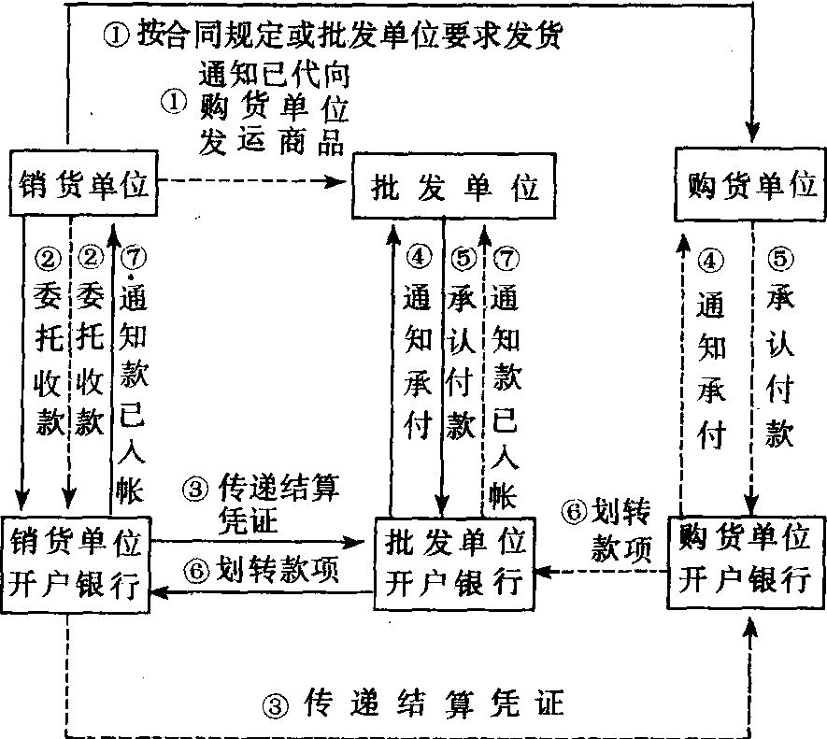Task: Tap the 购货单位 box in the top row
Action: pyautogui.click(x=746, y=184)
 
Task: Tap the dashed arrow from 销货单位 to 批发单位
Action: pyautogui.click(x=252, y=181)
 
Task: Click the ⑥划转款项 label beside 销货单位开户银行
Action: pyautogui.click(x=264, y=569)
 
